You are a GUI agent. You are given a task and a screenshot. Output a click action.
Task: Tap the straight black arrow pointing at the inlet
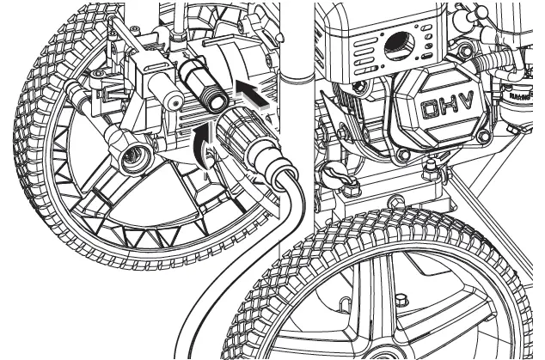[x=254, y=94]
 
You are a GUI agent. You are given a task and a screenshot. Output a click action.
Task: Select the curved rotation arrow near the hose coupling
[x=204, y=142]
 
